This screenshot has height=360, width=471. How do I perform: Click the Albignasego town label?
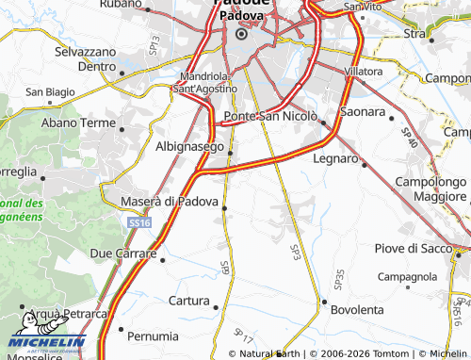point(189,147)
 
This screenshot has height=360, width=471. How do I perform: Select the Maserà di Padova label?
point(171,201)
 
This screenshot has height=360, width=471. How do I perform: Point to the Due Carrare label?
point(124,254)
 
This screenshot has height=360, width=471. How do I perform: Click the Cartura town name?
point(188,301)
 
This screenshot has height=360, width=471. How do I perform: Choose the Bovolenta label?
point(358,309)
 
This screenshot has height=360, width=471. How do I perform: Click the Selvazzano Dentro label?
point(85,58)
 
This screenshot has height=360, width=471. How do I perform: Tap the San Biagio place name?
point(49,91)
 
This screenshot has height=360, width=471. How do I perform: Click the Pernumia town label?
point(152,335)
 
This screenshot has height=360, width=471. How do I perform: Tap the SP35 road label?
point(339,279)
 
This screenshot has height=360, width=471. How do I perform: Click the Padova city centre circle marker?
point(240,34)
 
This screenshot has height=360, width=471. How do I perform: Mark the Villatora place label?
point(364,72)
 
